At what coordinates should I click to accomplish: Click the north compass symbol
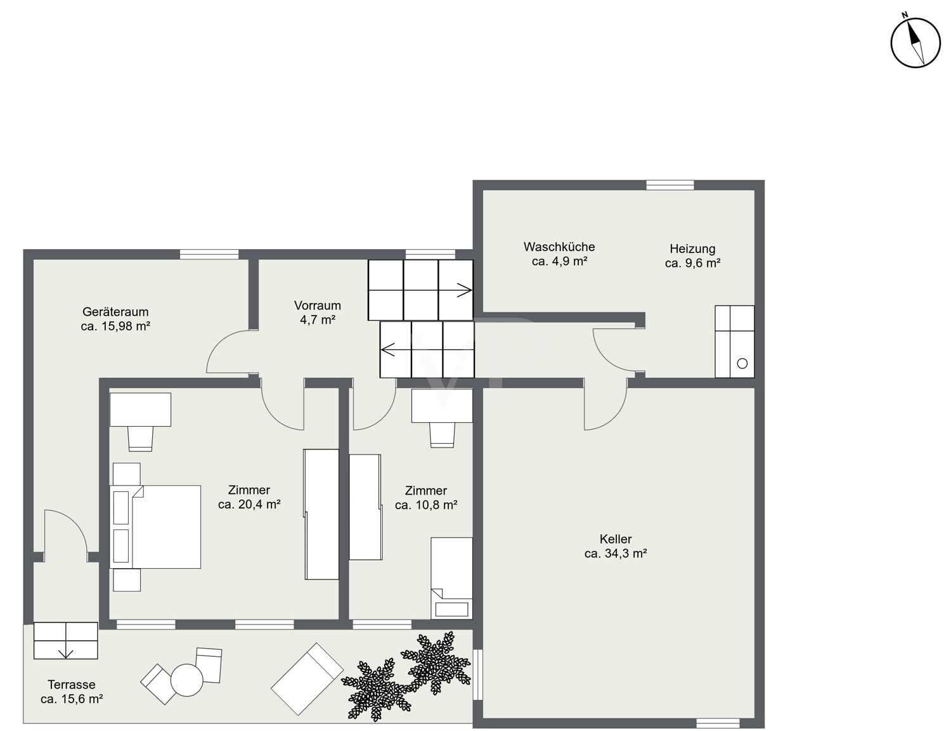[x=915, y=42]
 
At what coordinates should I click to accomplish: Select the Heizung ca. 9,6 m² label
[x=692, y=256]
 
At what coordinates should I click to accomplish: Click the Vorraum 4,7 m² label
[x=317, y=313]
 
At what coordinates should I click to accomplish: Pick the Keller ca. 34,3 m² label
[x=616, y=546]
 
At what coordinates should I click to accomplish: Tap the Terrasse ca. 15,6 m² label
[x=72, y=692]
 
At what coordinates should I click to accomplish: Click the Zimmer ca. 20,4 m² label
[x=249, y=497]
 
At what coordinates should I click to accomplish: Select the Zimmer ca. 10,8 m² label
[x=426, y=498]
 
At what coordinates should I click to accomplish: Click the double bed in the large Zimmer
[x=155, y=527]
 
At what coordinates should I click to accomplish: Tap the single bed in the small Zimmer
[x=451, y=578]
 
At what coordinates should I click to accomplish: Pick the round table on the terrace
[x=187, y=680]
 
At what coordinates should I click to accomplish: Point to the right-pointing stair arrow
[x=464, y=290]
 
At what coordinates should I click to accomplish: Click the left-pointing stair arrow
[x=388, y=349]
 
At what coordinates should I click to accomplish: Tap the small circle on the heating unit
[x=742, y=363]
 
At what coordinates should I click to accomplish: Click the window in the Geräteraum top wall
[x=209, y=254]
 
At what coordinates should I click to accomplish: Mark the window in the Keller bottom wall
[x=718, y=723]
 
